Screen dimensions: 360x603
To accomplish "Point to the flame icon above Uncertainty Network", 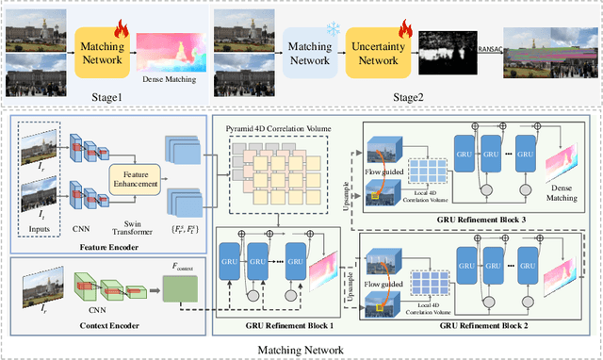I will click(394, 16).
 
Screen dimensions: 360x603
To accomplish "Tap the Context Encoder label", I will click(77, 323).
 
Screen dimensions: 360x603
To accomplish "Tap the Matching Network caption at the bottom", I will click(301, 349).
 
